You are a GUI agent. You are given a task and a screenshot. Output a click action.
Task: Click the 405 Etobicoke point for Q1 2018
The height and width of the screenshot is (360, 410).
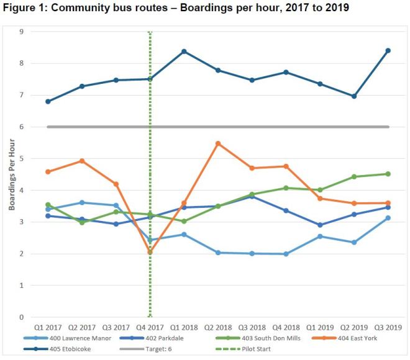[x=184, y=52]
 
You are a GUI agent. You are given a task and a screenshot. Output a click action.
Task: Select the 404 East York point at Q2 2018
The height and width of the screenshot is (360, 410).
[x=218, y=143]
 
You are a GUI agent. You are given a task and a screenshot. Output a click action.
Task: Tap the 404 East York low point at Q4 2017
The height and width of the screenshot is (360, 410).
[x=150, y=252]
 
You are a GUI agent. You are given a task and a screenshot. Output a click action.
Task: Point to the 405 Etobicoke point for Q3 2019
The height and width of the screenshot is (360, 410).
[x=388, y=51]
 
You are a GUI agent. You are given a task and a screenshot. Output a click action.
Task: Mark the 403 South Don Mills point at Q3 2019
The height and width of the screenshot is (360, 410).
[x=388, y=174]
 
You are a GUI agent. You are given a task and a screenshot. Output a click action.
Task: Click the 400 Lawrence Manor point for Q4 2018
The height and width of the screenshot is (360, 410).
[x=286, y=254]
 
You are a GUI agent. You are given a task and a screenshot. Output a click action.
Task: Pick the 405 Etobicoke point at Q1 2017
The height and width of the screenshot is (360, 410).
[x=48, y=101]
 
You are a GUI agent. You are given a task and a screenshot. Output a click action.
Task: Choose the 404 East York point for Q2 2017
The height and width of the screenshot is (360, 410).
[x=82, y=161]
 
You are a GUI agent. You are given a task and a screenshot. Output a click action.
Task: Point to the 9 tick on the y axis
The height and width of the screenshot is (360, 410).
[x=21, y=32]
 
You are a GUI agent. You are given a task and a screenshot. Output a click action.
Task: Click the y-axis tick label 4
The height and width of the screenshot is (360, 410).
[x=21, y=191]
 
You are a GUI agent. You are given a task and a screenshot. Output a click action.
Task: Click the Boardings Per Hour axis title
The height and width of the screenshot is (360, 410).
[x=12, y=174]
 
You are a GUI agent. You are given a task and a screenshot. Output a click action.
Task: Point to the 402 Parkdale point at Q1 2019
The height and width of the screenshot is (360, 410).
[x=320, y=225]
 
